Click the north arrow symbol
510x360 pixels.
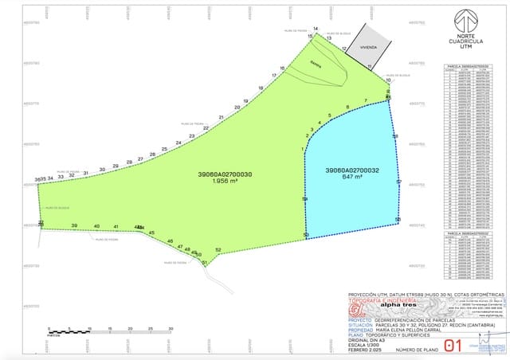(465, 21)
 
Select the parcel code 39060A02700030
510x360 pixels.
(226, 174)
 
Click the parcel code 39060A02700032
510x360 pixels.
(351, 170)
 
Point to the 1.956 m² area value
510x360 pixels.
(226, 181)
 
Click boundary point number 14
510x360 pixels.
(316, 29)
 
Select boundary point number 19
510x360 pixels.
(245, 101)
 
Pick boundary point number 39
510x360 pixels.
(75, 226)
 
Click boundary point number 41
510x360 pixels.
(116, 227)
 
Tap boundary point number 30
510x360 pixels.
(102, 169)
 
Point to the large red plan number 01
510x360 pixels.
(456, 345)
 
